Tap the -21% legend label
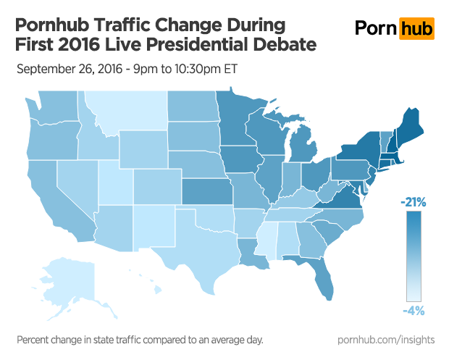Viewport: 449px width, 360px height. tap(414, 203)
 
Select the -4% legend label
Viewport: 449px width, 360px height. tap(414, 310)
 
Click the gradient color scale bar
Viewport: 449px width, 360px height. tap(414, 257)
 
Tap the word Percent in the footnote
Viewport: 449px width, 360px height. tap(35, 340)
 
